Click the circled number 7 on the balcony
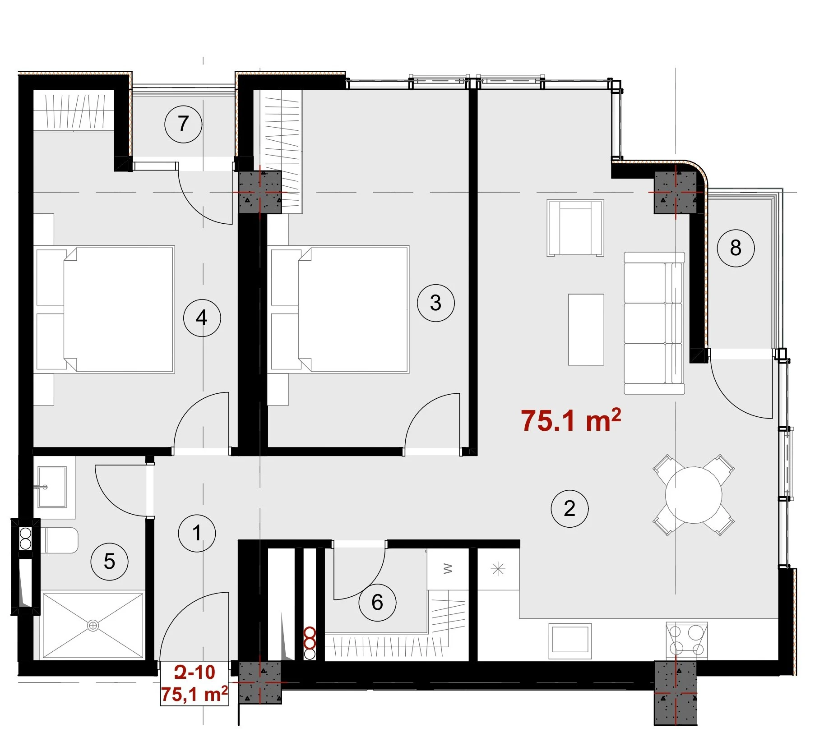tap(183, 124)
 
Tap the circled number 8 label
tap(736, 248)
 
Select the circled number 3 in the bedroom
tap(435, 303)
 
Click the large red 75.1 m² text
tap(571, 420)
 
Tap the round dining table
tap(694, 495)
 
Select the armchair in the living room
tap(575, 228)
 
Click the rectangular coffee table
tap(586, 329)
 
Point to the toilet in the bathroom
tap(61, 540)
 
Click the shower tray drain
tap(93, 626)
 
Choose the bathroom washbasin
tap(52, 487)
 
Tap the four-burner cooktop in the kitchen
tap(686, 639)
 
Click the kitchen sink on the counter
tap(570, 641)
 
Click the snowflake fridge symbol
tap(498, 569)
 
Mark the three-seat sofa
tap(654, 323)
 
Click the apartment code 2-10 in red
tap(194, 673)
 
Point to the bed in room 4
tap(105, 309)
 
